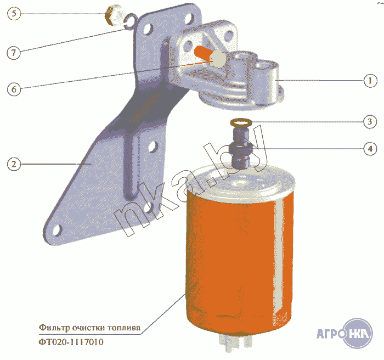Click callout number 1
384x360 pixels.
(x=370, y=81)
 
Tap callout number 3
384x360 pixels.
(x=370, y=121)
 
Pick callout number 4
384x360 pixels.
(x=370, y=148)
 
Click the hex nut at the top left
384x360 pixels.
(x=113, y=15)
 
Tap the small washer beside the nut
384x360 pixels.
(x=129, y=20)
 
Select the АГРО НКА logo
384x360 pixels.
(x=345, y=333)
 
